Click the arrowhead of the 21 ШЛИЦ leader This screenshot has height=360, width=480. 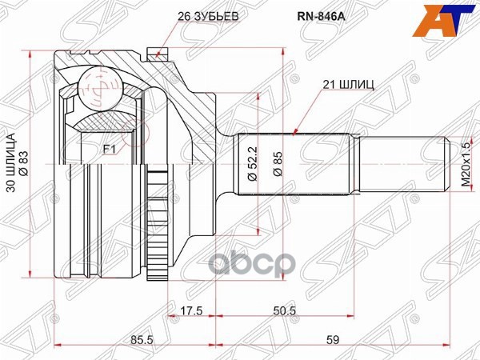click(x=295, y=132)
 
